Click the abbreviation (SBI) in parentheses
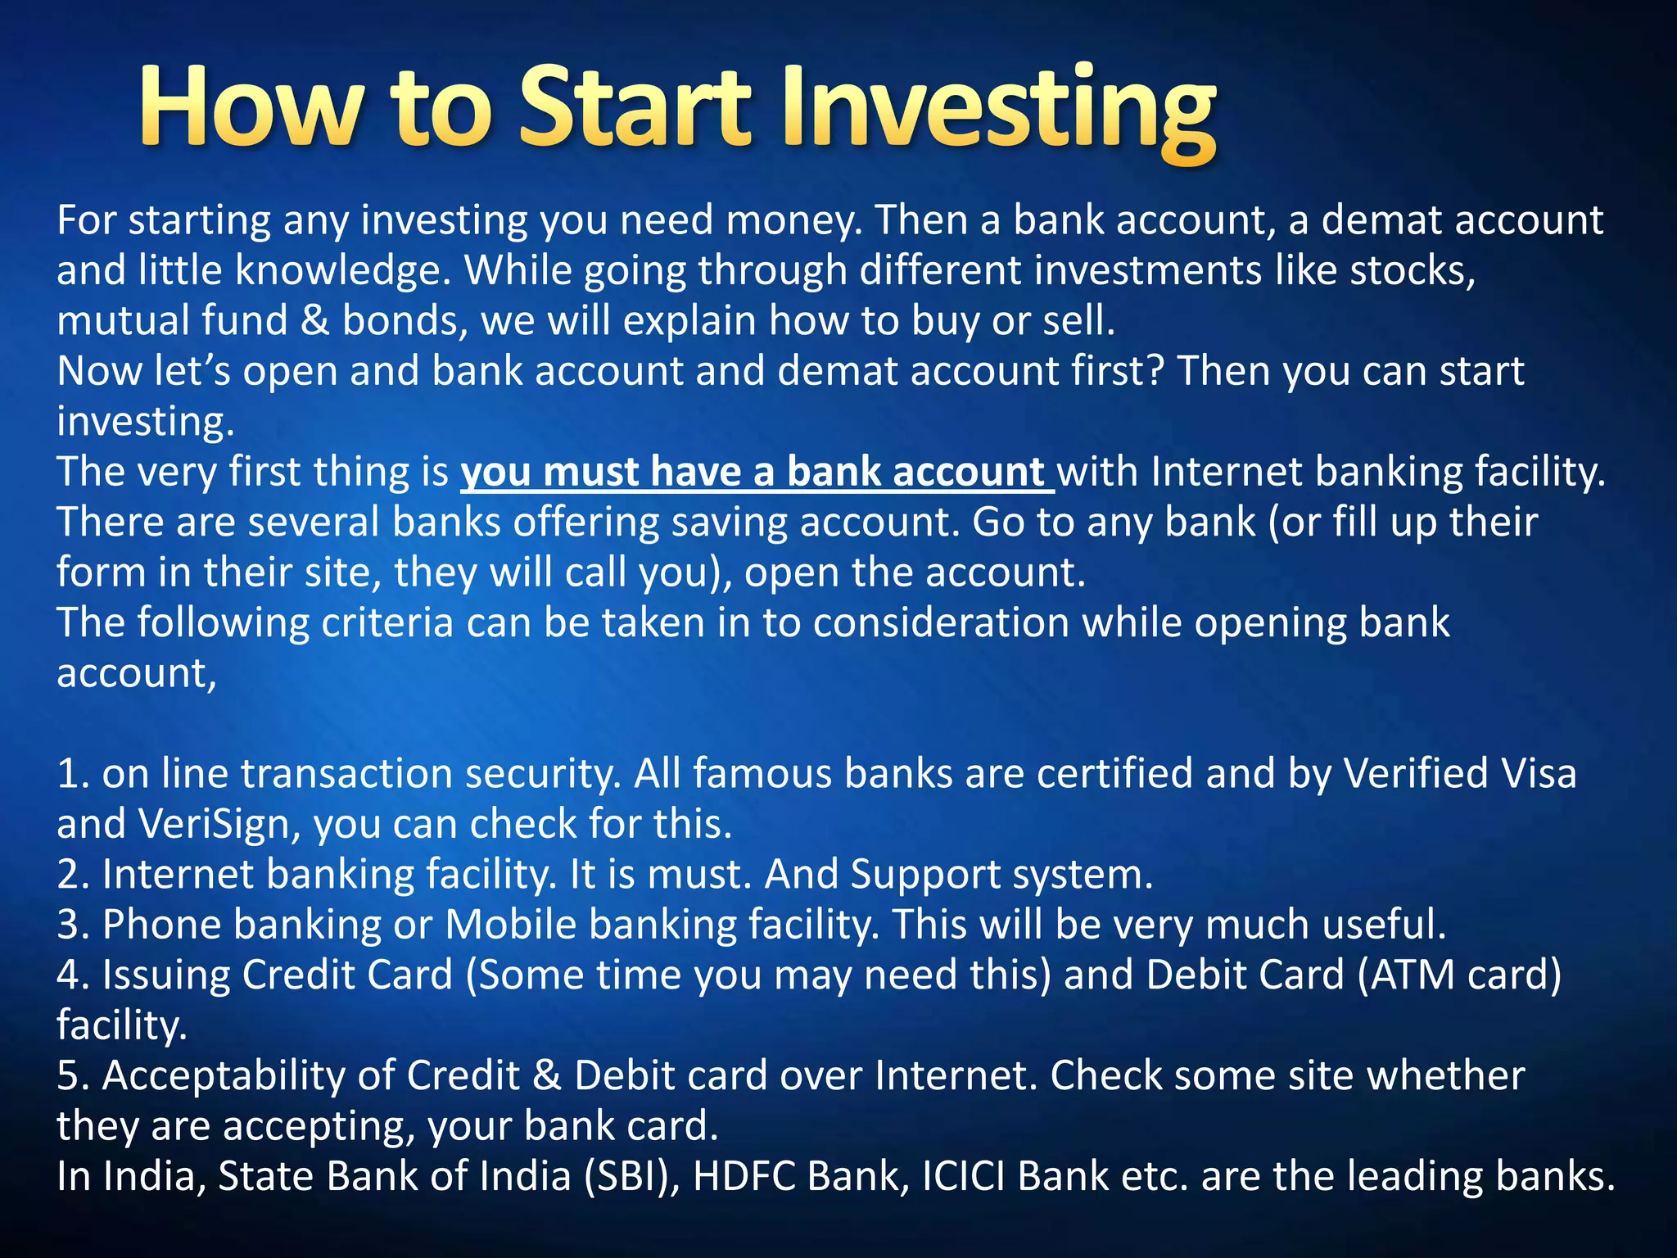point(631,1176)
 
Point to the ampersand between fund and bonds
point(314,321)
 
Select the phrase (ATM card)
point(1459,975)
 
